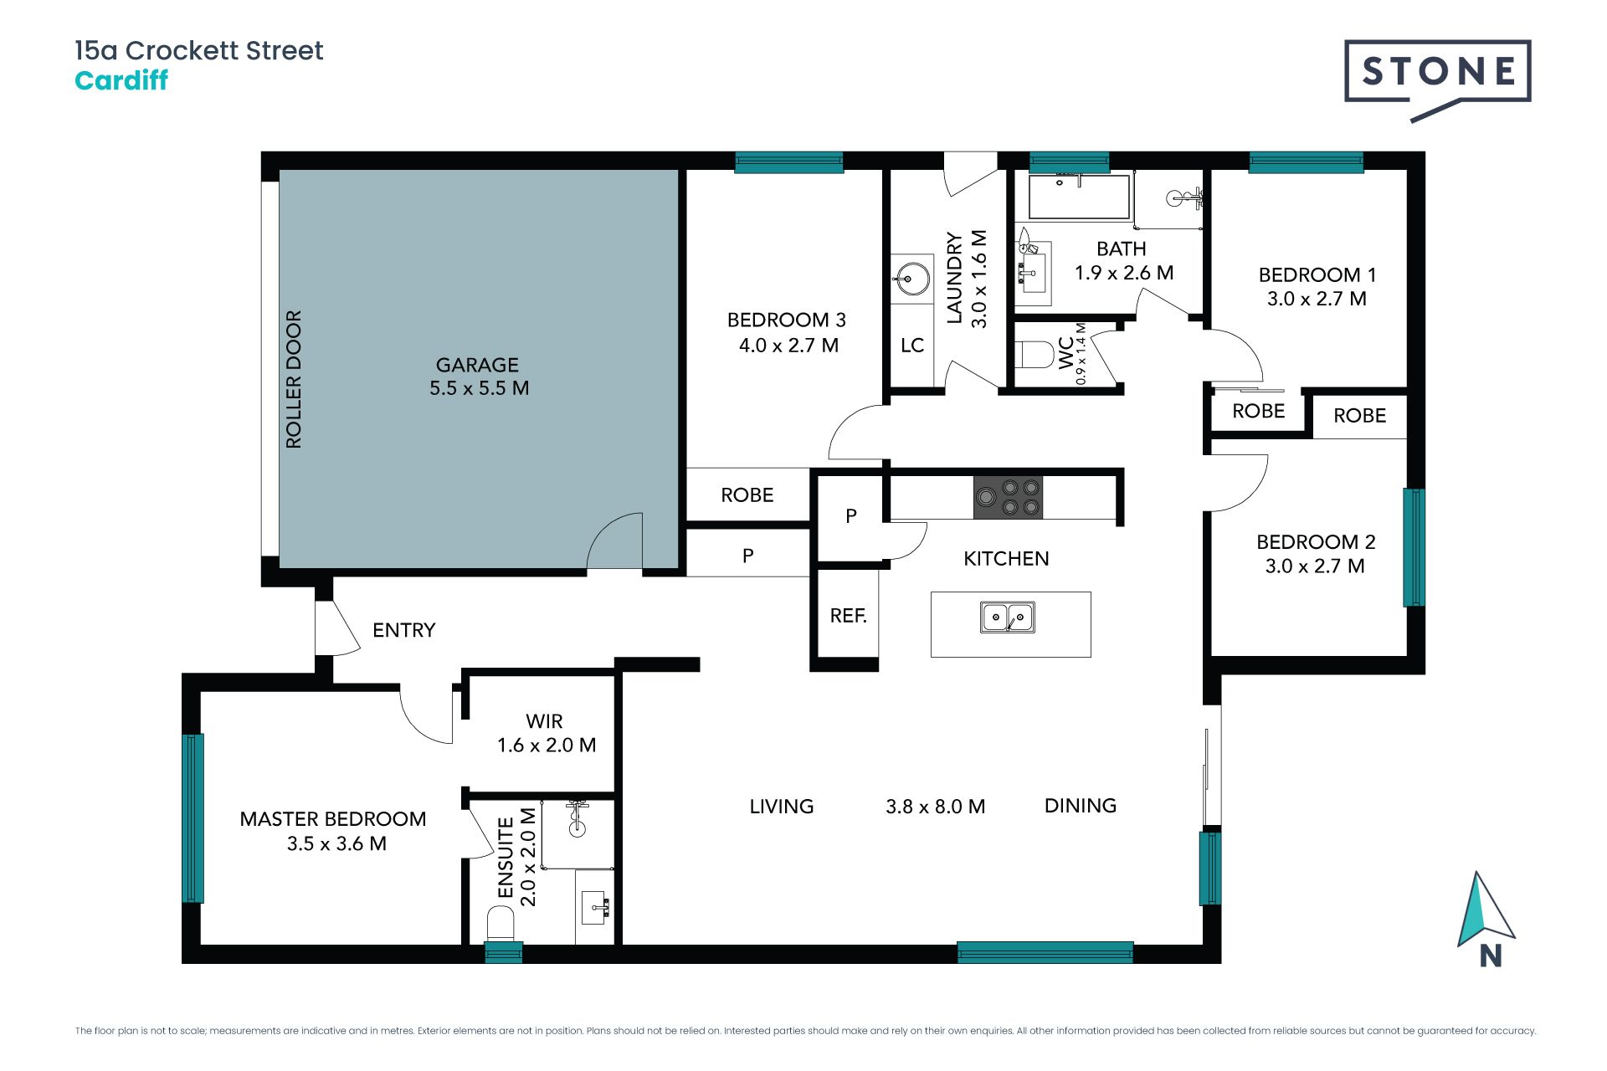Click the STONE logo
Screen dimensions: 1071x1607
1437,73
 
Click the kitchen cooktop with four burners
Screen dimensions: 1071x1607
1008,497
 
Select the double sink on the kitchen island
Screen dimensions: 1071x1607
1007,617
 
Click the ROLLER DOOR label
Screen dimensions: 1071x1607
293,379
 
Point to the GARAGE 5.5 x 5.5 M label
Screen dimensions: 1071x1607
479,377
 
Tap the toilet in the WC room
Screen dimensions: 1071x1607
1035,355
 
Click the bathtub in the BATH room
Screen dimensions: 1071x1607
1079,197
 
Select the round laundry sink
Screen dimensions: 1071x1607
910,279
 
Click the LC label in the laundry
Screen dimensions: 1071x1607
912,346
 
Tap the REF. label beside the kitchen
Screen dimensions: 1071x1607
848,616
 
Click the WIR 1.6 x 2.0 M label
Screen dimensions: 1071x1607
546,733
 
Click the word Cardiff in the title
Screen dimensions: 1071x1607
121,80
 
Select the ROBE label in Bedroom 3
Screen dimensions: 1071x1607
747,495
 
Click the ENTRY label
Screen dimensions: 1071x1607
403,630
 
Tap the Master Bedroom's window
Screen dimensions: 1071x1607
193,817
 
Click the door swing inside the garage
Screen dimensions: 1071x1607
616,541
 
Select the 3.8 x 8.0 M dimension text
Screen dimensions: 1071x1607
935,807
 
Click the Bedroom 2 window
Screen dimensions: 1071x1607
1413,547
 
